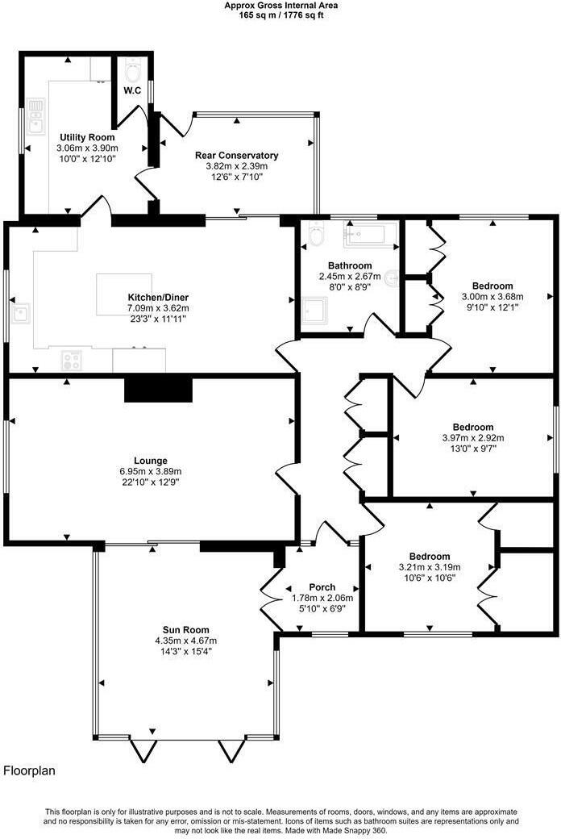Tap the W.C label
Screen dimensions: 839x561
click(133, 90)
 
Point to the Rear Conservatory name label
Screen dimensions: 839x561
click(236, 155)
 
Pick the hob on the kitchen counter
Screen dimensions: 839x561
click(71, 361)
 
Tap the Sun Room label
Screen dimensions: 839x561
click(186, 630)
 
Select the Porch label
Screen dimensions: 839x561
click(322, 587)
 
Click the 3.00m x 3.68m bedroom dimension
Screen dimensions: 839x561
click(492, 296)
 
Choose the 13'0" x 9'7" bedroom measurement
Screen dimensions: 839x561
click(473, 449)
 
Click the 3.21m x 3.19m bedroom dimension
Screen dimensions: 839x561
click(429, 567)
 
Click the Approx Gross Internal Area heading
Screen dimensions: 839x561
click(281, 5)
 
